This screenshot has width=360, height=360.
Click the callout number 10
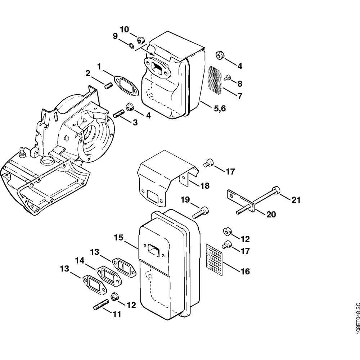pyautogui.click(x=125, y=30)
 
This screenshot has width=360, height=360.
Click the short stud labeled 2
pyautogui.click(x=109, y=86)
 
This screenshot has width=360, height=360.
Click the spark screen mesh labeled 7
pyautogui.click(x=215, y=80)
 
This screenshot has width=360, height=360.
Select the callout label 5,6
pyautogui.click(x=220, y=108)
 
